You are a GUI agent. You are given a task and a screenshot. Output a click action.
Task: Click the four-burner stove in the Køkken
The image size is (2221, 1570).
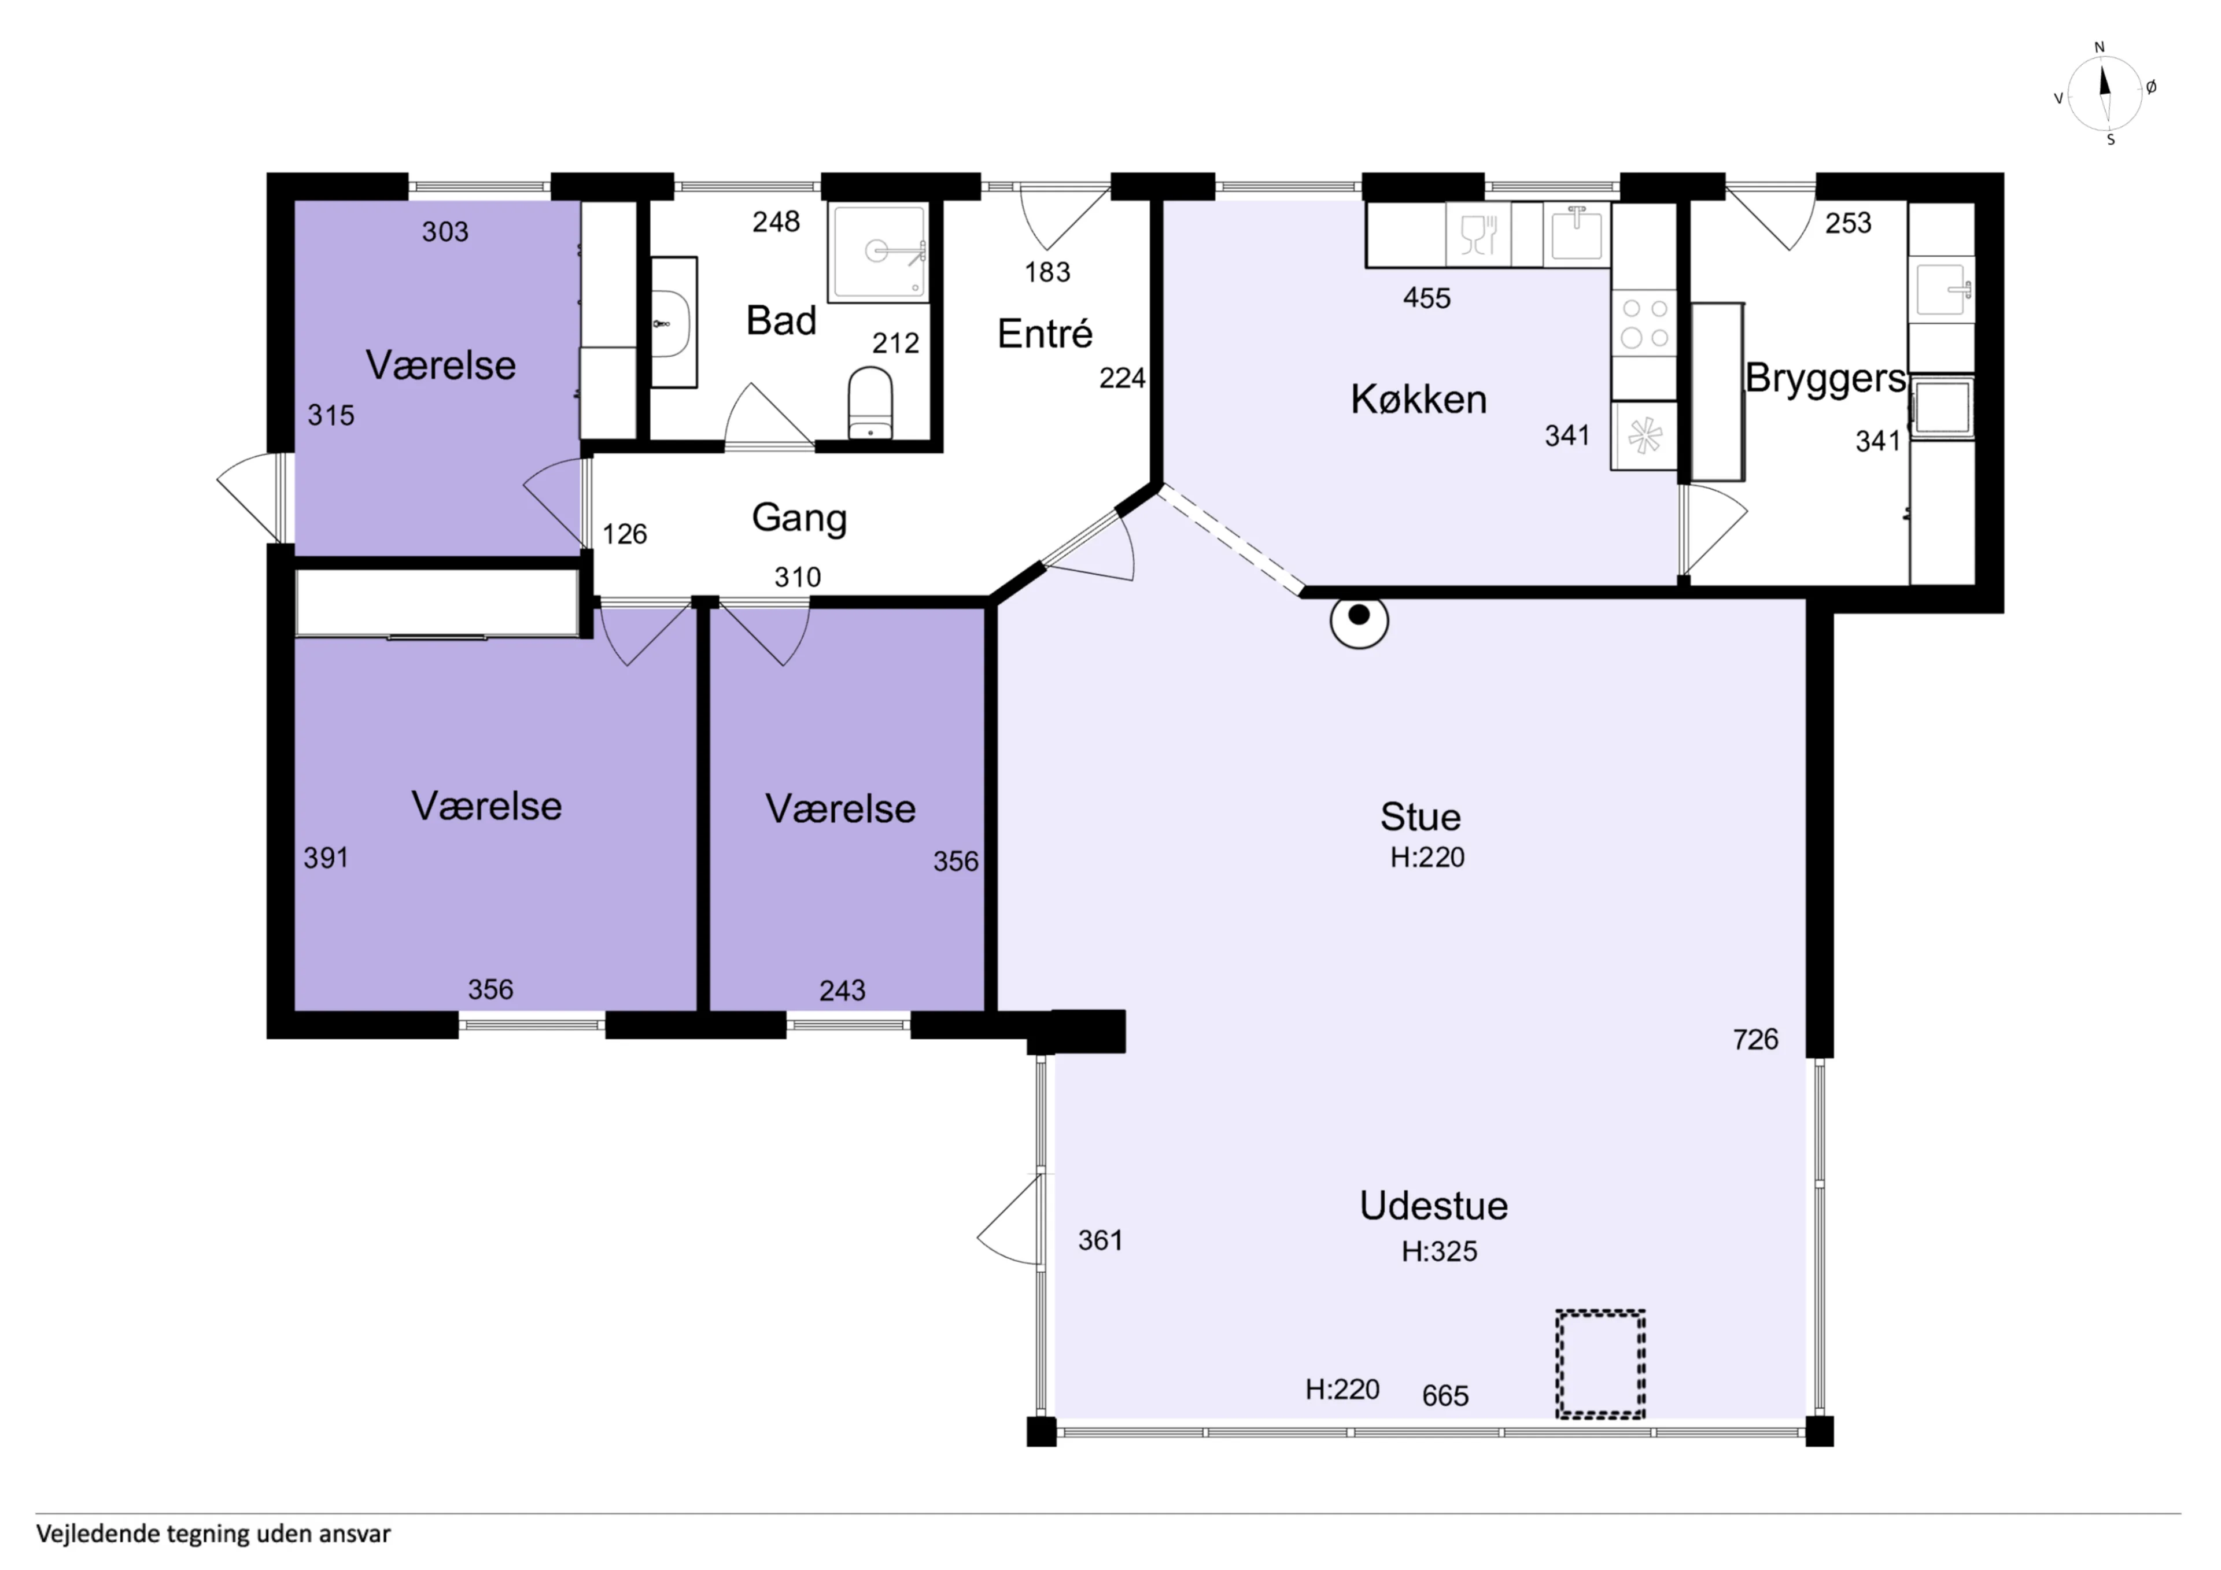pos(1644,323)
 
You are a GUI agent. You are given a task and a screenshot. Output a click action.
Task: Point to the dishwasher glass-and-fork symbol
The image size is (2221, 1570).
pos(1478,234)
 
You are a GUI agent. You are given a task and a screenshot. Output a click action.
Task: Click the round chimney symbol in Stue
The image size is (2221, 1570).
pos(1359,619)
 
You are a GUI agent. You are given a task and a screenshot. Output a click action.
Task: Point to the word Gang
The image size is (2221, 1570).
pos(799,519)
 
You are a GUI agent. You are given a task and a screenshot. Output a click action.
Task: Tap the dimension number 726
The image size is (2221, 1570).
pos(1756,1040)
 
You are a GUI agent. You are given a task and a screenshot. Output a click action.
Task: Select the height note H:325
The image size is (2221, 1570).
pos(1440,1252)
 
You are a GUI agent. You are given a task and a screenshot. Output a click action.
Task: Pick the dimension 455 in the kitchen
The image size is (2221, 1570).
pos(1427,298)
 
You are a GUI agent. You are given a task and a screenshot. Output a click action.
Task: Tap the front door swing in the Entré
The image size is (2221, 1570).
pos(1065,217)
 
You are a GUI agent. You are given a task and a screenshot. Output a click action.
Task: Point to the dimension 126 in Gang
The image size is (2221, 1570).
pos(625,534)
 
